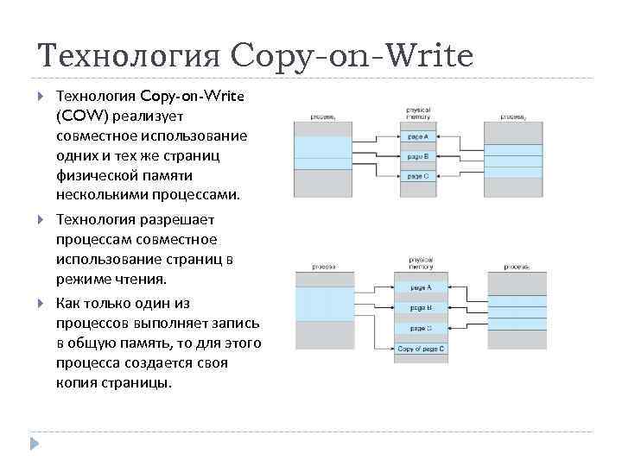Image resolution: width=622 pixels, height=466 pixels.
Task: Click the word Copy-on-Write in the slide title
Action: point(352,57)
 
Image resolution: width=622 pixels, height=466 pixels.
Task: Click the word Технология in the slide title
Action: point(130,57)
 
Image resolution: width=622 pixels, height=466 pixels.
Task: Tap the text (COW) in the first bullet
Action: point(79,115)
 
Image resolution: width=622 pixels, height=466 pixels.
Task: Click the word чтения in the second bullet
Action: point(138,280)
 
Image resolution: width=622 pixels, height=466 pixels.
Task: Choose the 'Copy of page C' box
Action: point(421,349)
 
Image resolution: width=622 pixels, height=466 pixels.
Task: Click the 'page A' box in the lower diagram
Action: point(421,287)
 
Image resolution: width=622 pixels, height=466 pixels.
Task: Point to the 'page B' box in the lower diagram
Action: point(421,307)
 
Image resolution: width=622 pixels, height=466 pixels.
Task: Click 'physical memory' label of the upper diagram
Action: point(419,114)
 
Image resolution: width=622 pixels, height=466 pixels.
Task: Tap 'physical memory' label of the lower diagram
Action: point(421,262)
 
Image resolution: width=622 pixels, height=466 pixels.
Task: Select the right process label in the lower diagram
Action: point(517,267)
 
